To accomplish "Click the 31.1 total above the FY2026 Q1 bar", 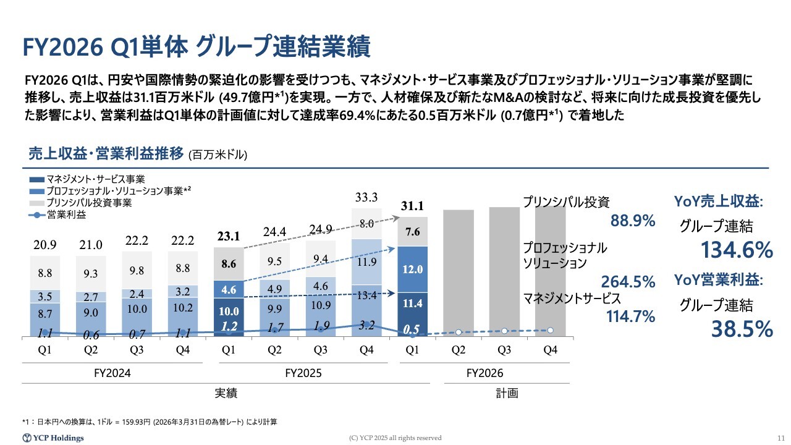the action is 412,206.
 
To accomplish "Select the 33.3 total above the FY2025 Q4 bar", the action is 366,197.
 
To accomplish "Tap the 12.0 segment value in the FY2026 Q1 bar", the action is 412,269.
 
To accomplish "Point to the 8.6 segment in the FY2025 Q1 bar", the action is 229,264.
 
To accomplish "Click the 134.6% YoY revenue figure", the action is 737,250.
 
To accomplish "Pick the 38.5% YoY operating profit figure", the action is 742,329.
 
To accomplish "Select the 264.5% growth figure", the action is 628,282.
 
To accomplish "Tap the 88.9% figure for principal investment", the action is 633,221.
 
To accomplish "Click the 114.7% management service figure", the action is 631,316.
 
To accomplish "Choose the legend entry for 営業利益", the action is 58,214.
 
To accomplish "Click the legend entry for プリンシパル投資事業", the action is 80,203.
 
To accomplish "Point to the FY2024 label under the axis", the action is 112,373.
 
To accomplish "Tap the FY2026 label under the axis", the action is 484,373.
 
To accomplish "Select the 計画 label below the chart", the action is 507,393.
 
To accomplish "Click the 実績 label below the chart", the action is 226,393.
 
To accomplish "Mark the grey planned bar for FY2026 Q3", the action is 504,271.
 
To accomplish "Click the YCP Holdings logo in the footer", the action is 53,438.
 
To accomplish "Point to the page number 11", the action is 780,438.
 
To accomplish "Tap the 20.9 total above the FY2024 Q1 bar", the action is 45,245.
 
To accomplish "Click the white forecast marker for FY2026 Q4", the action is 550,331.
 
